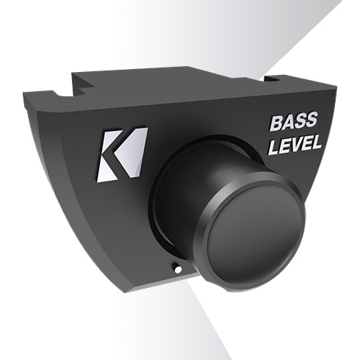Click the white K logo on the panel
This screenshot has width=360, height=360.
click(122, 154)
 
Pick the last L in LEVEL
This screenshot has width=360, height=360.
click(316, 145)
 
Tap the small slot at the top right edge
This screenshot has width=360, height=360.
click(273, 76)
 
